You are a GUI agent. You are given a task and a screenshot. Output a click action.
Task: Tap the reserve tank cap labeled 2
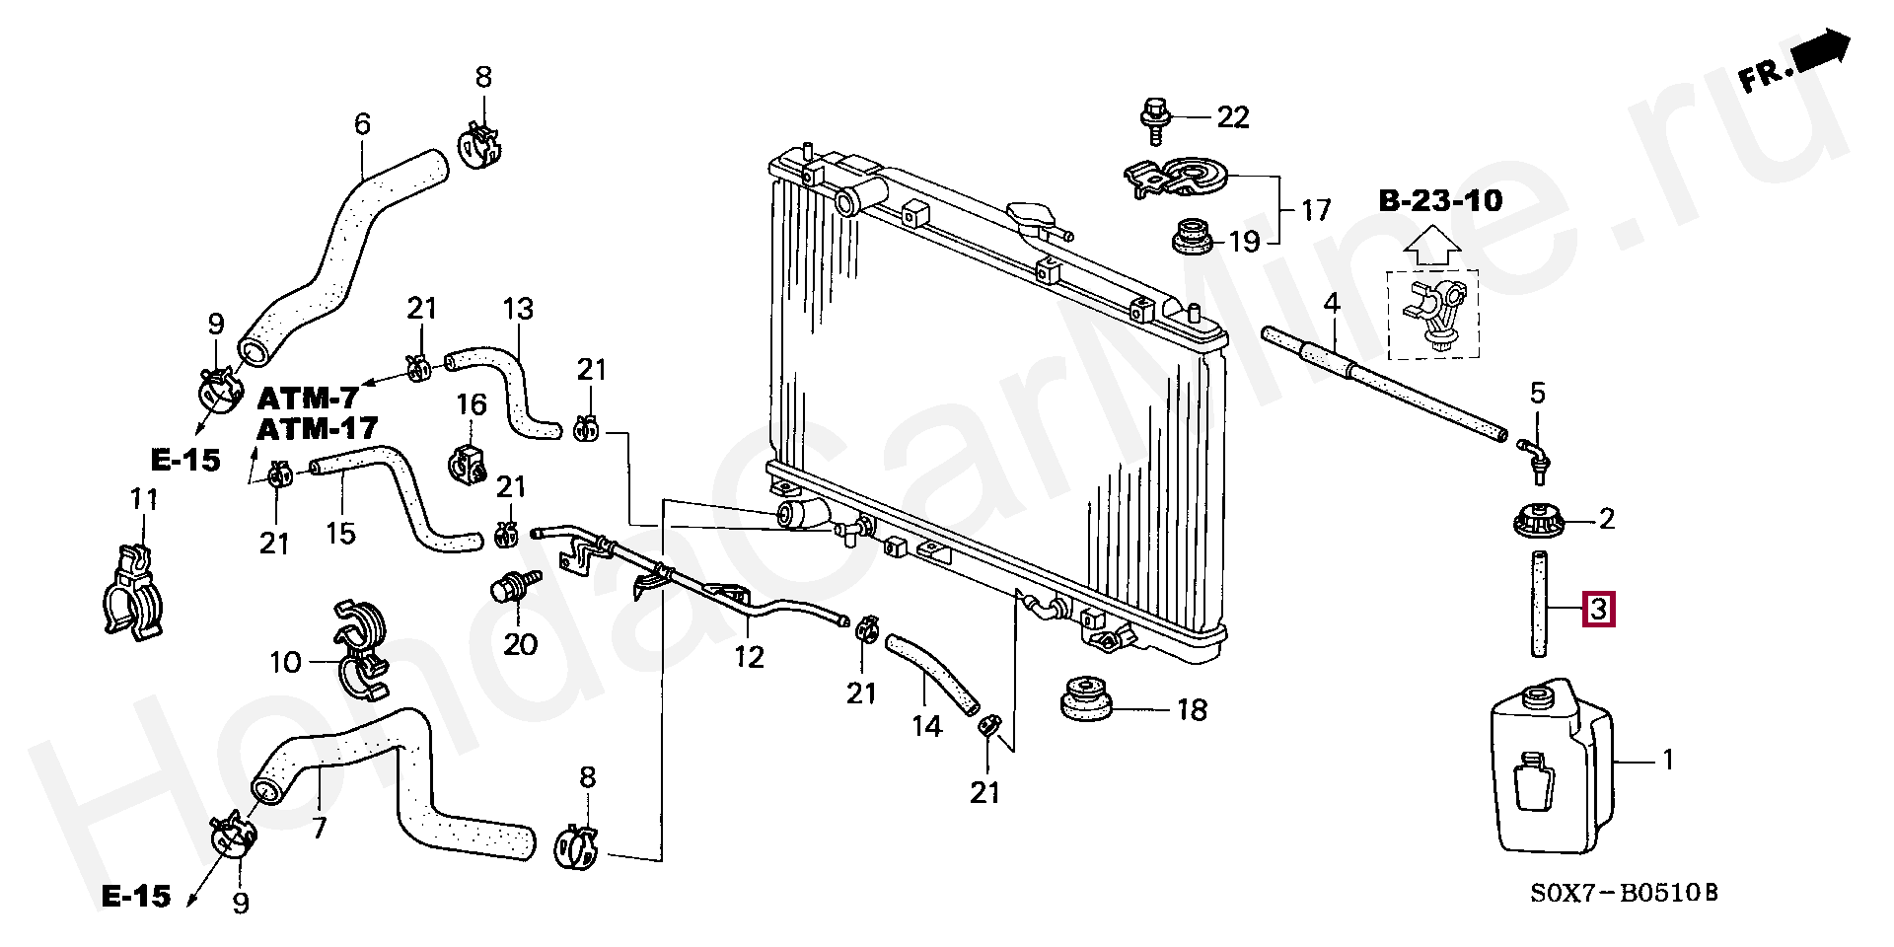pos(1539,520)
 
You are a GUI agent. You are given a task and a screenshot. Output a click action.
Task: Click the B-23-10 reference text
pos(1440,202)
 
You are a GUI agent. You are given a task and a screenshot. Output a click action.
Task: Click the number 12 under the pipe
pos(750,656)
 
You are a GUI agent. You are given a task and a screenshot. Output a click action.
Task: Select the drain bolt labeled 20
pos(509,590)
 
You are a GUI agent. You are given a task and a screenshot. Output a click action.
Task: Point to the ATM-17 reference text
pos(318,429)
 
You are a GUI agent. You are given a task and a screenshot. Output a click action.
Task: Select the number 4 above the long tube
pos(1332,304)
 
